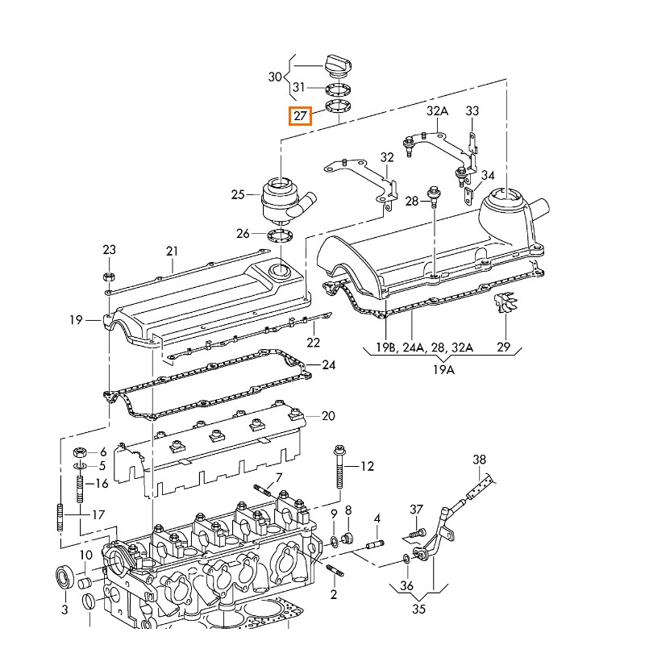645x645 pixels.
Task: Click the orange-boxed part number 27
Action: (300, 116)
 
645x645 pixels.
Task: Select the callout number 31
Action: (299, 87)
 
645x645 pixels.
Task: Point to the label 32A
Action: (437, 110)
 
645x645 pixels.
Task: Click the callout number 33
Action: (472, 110)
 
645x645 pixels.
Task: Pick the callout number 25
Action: (237, 194)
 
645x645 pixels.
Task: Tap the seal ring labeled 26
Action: (278, 235)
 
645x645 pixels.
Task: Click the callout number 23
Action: (109, 249)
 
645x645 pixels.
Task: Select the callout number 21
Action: (171, 251)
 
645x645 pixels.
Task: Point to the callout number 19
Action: (76, 320)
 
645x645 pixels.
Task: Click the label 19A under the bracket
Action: (443, 369)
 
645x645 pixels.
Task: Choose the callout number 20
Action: (327, 416)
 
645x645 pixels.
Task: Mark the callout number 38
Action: (480, 460)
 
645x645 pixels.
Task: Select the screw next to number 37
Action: (414, 532)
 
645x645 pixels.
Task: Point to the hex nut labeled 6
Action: (80, 451)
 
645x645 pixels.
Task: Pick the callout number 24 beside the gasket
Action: (328, 365)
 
